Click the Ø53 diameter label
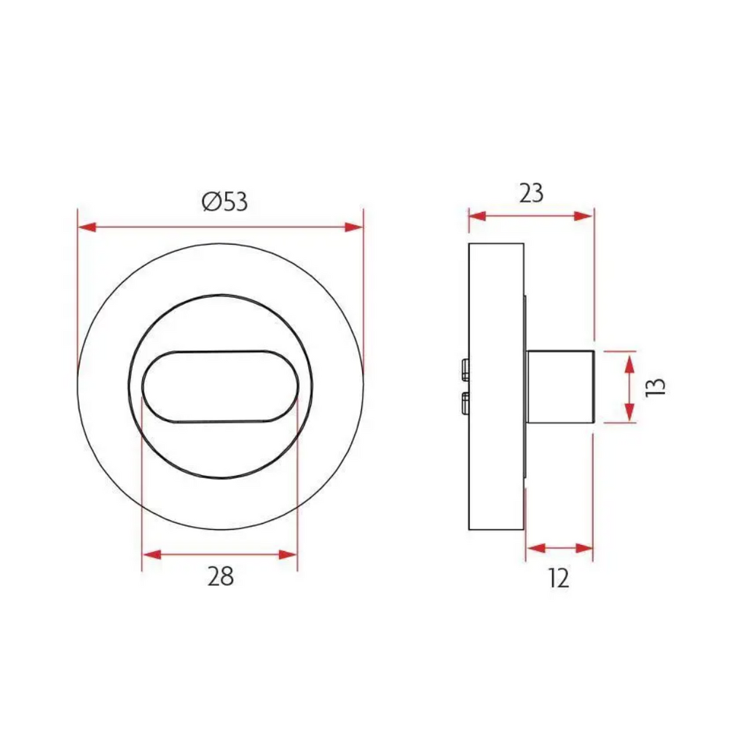tap(225, 202)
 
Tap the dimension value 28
tap(220, 577)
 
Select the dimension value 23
tap(531, 193)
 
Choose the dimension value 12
tap(559, 578)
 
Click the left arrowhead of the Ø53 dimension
tap(87, 227)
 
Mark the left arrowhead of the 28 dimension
tap(151, 554)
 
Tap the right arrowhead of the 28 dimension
tap(288, 554)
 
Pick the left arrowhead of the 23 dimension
tap(477, 216)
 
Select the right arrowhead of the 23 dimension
tap(584, 216)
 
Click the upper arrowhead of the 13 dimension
tap(629, 359)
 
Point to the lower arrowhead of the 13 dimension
tap(629, 414)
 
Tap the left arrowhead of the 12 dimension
tap(535, 548)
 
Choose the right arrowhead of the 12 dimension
tap(584, 548)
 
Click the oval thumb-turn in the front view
tap(220, 386)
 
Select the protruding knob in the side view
tap(562, 387)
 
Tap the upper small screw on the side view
tap(465, 370)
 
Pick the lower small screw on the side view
tap(465, 402)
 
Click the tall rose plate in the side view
tap(495, 291)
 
